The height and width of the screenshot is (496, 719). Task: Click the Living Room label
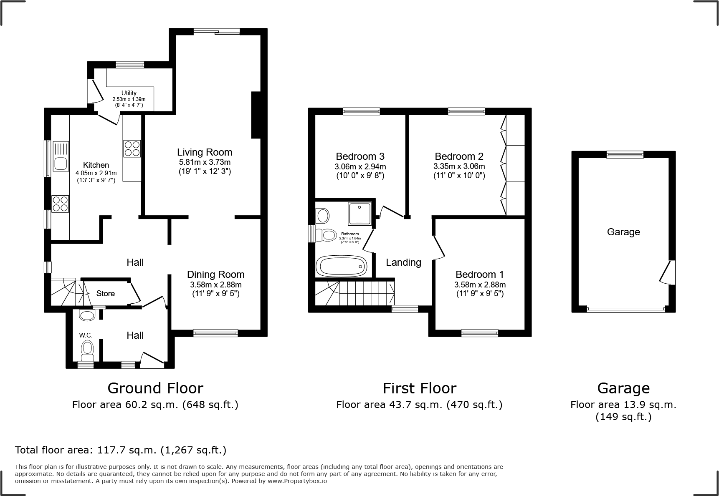204,152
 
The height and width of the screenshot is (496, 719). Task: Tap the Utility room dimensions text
129,102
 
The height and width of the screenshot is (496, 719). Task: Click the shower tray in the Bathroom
359,213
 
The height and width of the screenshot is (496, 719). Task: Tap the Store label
105,293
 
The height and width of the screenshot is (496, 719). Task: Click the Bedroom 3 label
360,156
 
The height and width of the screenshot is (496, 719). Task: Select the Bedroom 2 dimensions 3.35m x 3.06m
459,166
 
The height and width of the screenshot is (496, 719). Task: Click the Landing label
403,262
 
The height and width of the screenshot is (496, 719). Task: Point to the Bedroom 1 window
479,333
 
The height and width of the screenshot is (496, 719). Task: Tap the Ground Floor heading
155,388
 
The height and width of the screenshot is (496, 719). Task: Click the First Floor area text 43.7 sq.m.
419,405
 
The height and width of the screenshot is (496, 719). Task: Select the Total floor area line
121,450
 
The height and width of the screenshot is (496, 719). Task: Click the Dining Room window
215,333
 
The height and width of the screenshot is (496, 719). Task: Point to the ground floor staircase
65,292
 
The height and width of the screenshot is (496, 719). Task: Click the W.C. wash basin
87,315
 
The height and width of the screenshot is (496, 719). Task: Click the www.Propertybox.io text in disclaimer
297,481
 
